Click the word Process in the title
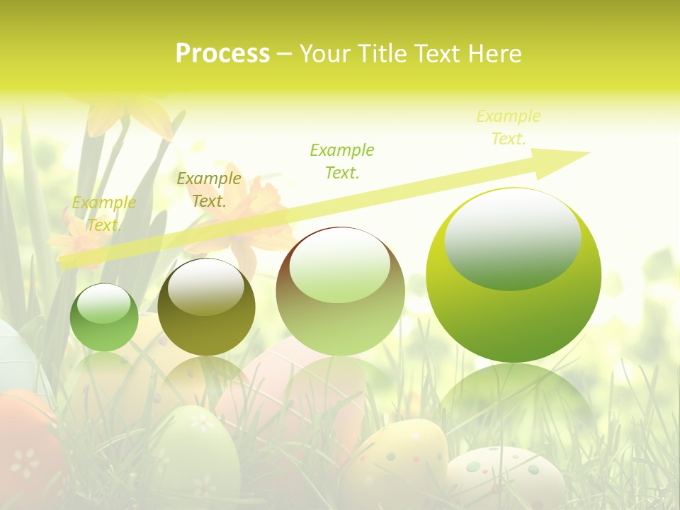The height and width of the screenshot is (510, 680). pyautogui.click(x=222, y=54)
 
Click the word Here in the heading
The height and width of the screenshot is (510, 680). pyautogui.click(x=494, y=54)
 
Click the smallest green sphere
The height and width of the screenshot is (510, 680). pyautogui.click(x=104, y=318)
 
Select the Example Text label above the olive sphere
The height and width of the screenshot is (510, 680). pyautogui.click(x=208, y=190)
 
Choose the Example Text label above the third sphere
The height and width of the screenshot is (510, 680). pyautogui.click(x=342, y=161)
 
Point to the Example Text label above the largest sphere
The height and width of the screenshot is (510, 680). pyautogui.click(x=508, y=127)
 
